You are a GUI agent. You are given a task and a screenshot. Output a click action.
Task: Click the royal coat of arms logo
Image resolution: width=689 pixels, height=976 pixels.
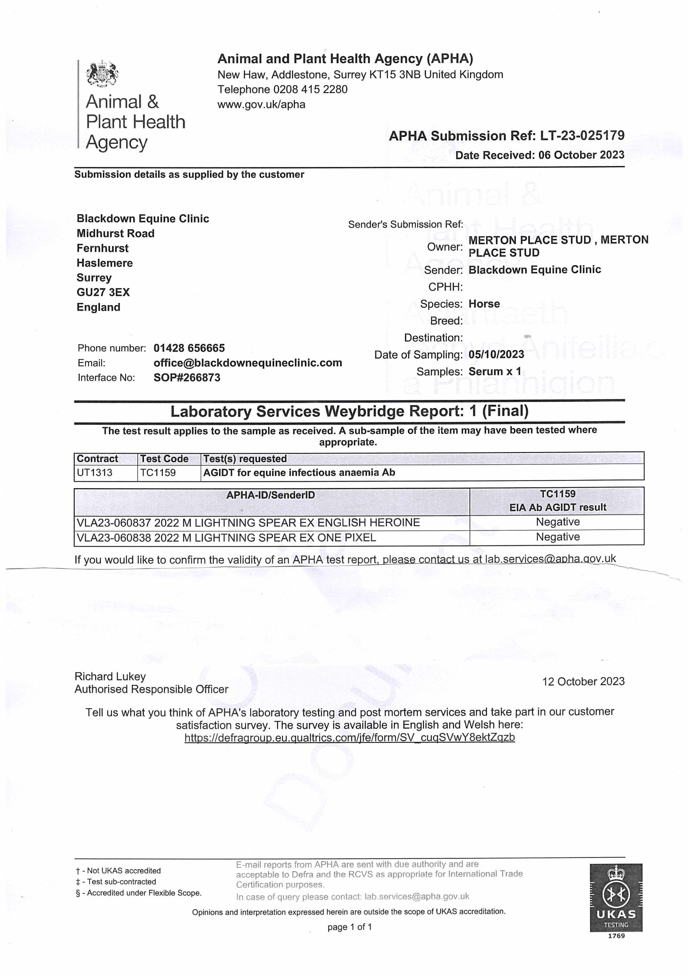(x=102, y=74)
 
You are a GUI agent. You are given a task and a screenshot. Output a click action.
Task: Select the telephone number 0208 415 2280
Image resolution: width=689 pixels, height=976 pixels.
(x=310, y=89)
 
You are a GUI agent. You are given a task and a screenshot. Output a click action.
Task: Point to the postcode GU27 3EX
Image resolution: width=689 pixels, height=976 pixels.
(x=103, y=292)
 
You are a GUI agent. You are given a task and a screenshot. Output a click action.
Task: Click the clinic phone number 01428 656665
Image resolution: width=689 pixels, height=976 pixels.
(x=189, y=348)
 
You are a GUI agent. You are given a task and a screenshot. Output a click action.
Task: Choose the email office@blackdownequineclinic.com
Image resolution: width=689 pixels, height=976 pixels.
(x=248, y=363)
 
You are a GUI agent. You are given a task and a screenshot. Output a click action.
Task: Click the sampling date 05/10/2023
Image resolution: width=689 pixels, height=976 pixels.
(x=496, y=354)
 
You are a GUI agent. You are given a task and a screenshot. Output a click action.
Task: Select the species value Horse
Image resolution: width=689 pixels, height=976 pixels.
(x=484, y=304)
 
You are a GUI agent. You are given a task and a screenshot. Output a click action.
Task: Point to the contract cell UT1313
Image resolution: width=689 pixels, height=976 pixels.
(x=95, y=473)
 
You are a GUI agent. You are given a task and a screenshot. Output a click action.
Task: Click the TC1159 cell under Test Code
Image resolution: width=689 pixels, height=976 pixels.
(x=158, y=473)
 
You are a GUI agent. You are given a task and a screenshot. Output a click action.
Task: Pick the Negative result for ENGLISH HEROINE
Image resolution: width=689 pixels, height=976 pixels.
(x=558, y=522)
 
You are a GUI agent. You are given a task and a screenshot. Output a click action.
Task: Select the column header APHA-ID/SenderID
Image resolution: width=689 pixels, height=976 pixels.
(x=271, y=495)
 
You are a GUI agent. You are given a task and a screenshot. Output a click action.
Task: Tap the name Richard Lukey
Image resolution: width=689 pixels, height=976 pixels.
(x=110, y=676)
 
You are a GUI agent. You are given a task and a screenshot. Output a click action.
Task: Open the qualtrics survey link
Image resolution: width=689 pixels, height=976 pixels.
(x=349, y=737)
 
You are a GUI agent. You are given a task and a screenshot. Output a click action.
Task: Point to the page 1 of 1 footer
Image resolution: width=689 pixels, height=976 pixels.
(x=349, y=927)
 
